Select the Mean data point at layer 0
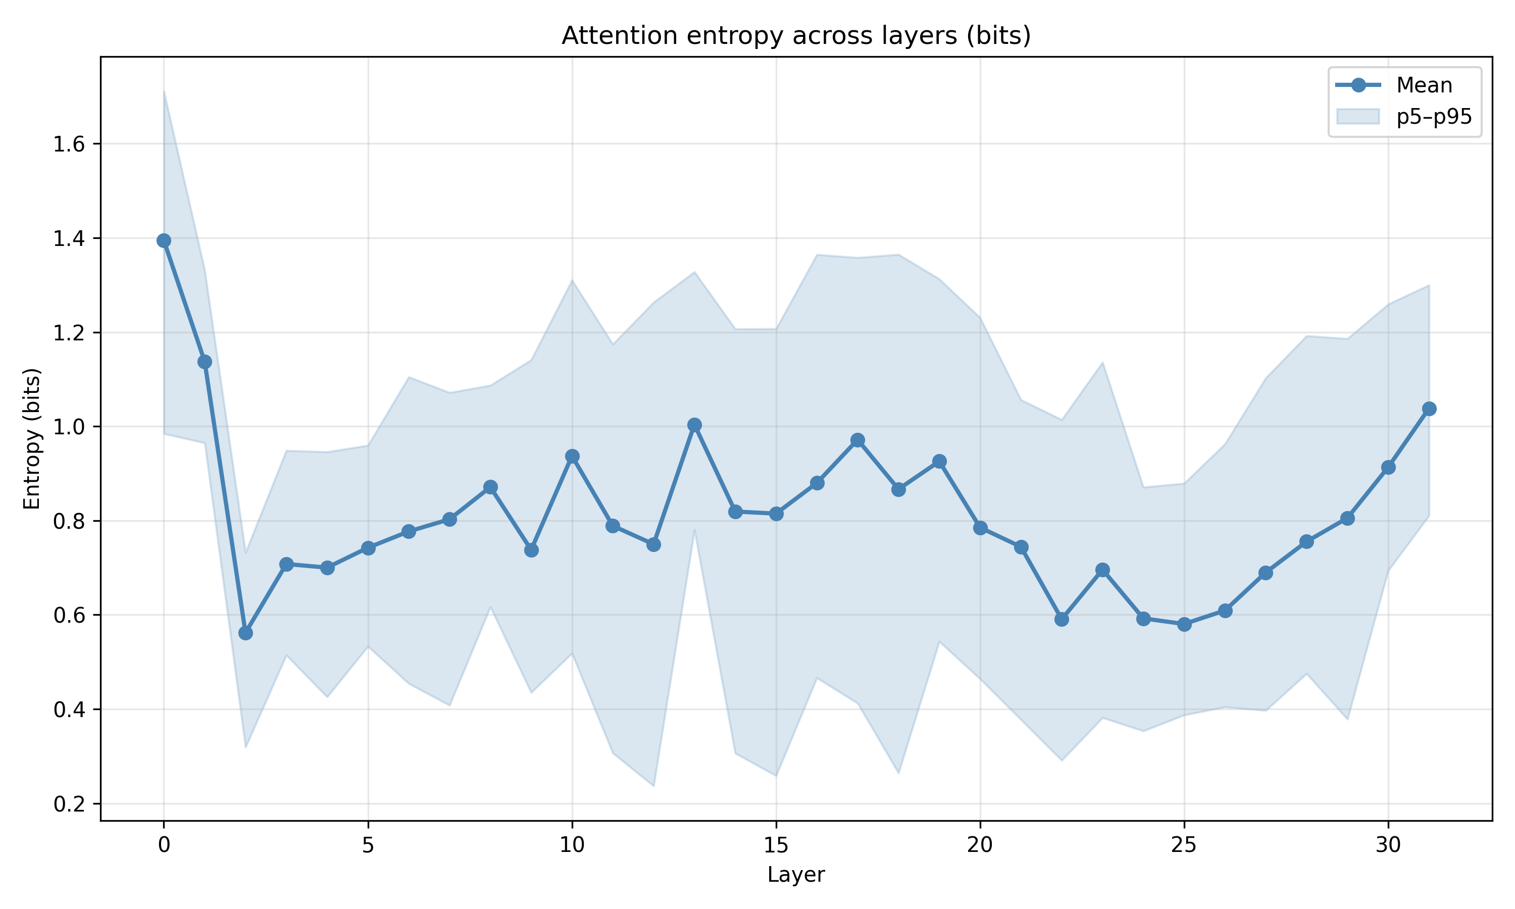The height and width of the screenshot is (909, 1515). (x=164, y=241)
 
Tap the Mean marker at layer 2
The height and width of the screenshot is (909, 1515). (x=245, y=633)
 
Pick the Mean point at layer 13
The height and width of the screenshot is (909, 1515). (x=694, y=425)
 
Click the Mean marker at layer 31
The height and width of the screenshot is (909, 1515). (x=1429, y=409)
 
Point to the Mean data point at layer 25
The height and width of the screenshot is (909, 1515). (x=1184, y=624)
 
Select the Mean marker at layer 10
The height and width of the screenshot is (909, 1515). (x=572, y=457)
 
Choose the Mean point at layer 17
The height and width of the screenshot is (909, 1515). (x=857, y=440)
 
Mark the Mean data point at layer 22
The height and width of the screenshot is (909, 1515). (x=1062, y=619)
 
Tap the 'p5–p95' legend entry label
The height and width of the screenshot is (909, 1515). (x=1434, y=116)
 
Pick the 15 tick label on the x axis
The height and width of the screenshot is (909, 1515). (x=776, y=845)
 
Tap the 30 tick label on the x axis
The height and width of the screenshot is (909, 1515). (x=1388, y=845)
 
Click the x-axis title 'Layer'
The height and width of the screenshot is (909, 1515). (x=796, y=875)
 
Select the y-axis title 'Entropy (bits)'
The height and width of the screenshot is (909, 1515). (x=32, y=438)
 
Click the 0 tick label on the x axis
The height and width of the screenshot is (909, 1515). (x=164, y=845)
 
